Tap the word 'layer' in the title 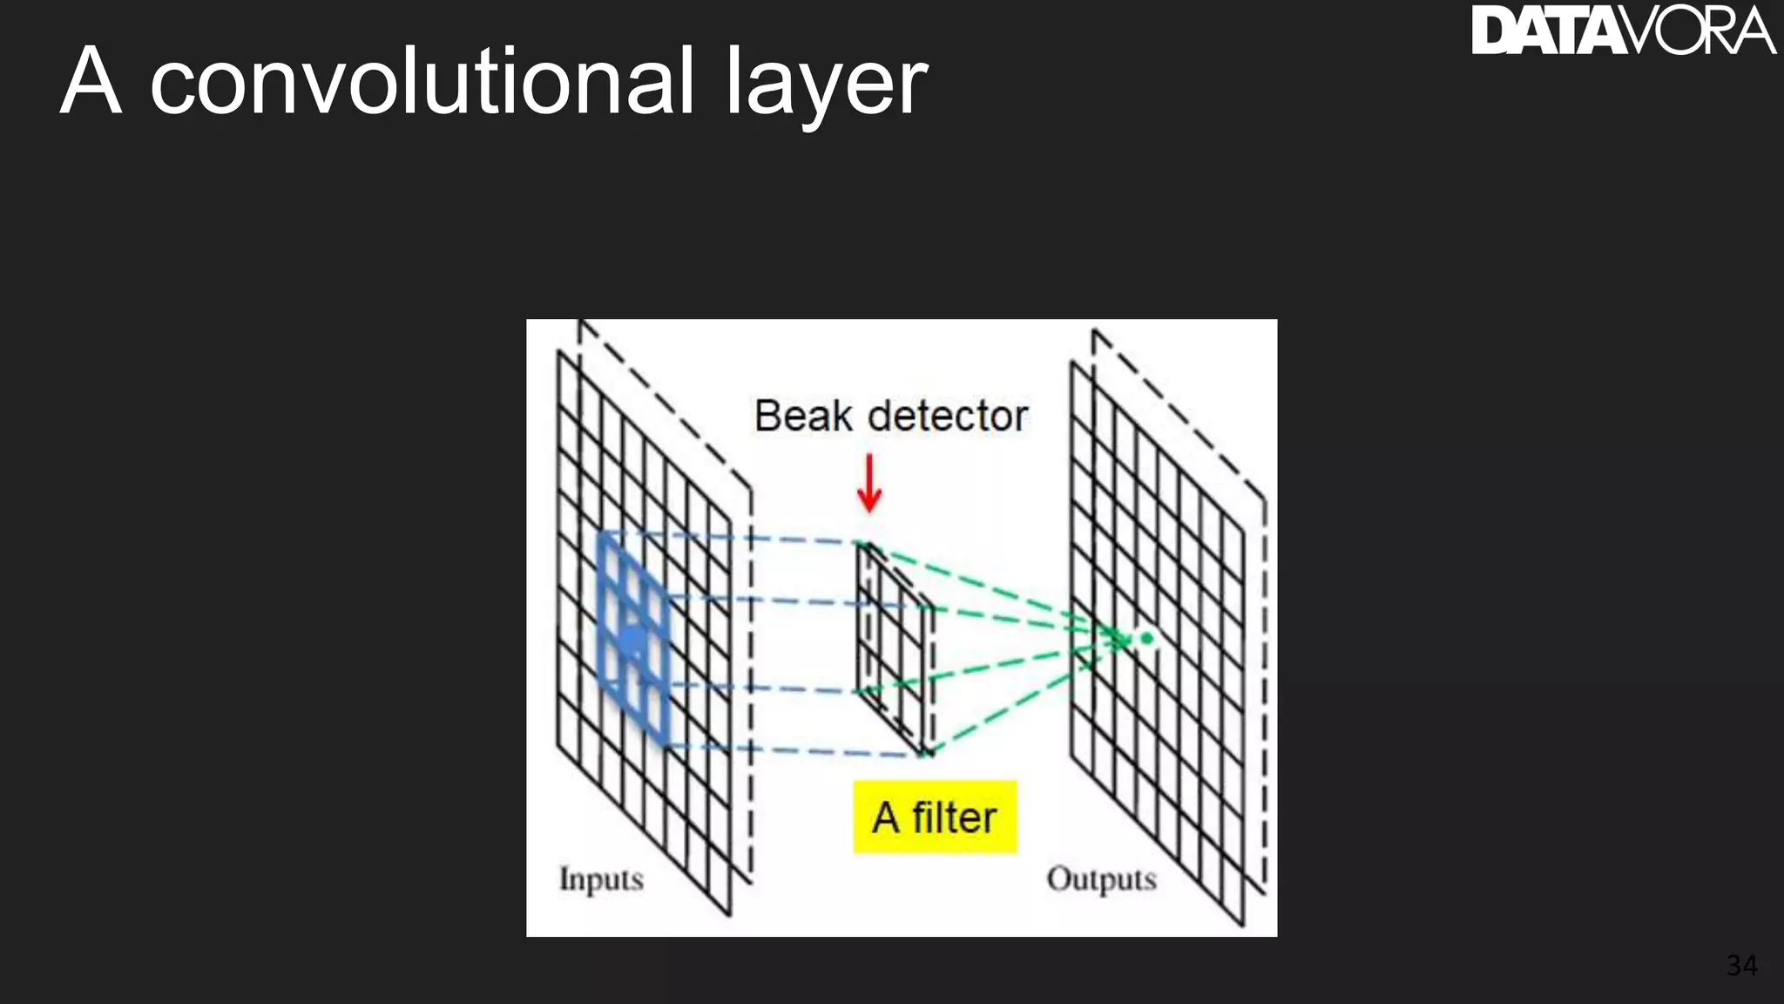click(x=826, y=85)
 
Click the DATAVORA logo click(x=1623, y=31)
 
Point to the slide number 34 click(x=1741, y=966)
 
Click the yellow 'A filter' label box click(x=935, y=817)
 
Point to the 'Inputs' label click(x=601, y=878)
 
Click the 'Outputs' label click(x=1101, y=878)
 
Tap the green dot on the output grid click(x=1146, y=639)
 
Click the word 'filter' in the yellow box click(x=954, y=817)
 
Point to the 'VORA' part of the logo click(x=1697, y=31)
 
